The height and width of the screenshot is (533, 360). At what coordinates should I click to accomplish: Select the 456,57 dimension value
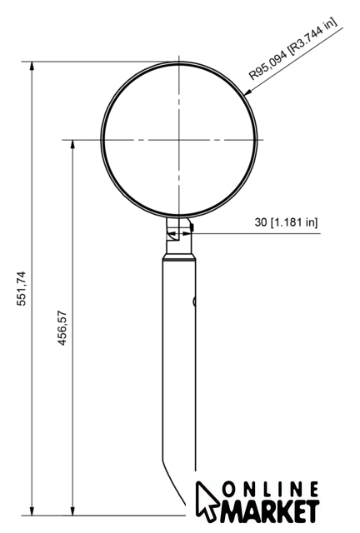pos(62,328)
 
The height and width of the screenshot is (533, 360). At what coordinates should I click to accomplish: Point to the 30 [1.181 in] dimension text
pos(286,222)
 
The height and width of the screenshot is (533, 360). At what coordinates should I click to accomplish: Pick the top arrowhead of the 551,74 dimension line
pos(32,66)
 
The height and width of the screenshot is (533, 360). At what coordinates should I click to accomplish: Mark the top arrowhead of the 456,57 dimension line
pos(72,144)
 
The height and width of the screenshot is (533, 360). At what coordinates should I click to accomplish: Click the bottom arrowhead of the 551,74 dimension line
pos(32,511)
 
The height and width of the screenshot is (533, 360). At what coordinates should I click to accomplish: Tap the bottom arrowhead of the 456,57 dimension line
pos(72,511)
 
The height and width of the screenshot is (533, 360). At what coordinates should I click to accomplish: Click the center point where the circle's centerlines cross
pos(179,140)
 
